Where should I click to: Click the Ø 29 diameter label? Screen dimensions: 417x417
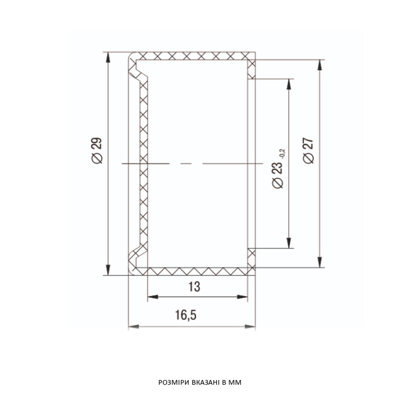(x=96, y=151)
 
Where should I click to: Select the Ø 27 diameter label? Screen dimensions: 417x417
(x=308, y=151)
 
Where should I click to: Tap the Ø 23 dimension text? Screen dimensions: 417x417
(x=278, y=175)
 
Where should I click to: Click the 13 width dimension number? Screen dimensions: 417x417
(x=194, y=287)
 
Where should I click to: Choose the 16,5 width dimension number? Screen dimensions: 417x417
(x=186, y=315)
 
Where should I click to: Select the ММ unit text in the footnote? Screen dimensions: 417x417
(x=236, y=383)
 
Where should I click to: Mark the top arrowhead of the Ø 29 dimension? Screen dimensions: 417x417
(x=108, y=57)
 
